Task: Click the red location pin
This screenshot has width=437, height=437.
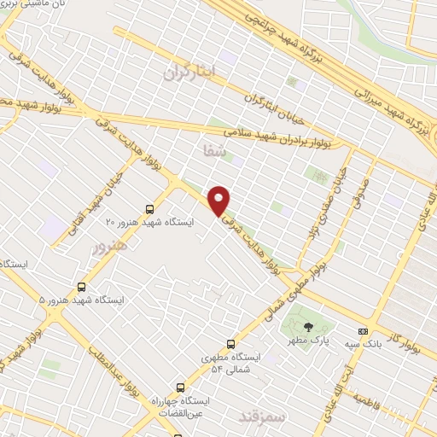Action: pos(219,201)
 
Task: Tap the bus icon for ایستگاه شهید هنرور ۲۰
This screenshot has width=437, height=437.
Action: pos(150,208)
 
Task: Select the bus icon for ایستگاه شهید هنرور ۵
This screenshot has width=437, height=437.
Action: pos(81,288)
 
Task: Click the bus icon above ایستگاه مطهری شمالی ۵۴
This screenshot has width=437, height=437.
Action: pos(230,344)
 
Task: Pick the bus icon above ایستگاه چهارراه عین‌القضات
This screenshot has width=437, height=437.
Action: pos(179,387)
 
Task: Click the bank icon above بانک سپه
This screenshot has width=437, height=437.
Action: pos(364,330)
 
